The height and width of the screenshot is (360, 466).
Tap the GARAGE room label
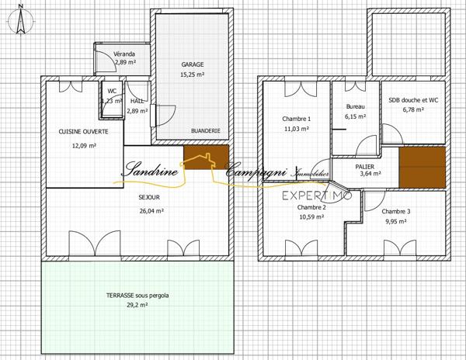click(193, 64)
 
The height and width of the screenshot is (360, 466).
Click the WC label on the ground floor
click(112, 91)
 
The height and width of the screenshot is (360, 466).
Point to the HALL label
click(137, 101)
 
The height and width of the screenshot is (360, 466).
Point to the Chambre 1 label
click(297, 119)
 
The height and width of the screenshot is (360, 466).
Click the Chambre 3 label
click(396, 211)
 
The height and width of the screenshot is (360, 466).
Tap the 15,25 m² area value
click(193, 74)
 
